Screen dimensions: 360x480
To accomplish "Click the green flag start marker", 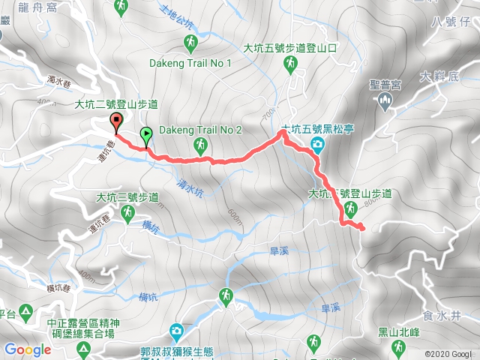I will (x=145, y=136).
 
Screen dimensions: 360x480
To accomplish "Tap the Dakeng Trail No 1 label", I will (x=190, y=63).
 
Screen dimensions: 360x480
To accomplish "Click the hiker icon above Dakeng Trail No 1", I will (x=190, y=42).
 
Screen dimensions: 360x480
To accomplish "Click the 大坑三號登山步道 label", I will (x=127, y=198).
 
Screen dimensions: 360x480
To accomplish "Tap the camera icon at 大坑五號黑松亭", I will (x=317, y=143).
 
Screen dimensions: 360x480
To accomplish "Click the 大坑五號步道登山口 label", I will (x=291, y=47).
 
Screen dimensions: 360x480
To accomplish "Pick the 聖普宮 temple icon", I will (x=387, y=101).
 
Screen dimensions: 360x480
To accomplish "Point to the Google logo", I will (x=28, y=349).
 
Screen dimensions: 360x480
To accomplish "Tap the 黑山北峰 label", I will (x=398, y=332).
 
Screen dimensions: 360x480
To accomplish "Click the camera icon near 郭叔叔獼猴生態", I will (x=175, y=330).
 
